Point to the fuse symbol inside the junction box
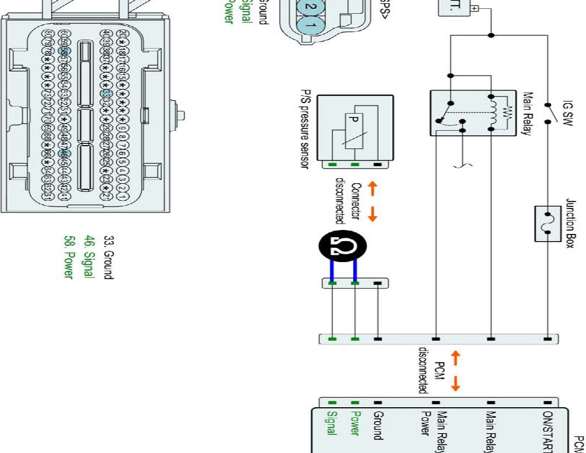tap(548, 223)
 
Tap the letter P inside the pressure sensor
tap(354, 119)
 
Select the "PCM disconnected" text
tap(431, 370)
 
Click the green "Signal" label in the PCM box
tap(331, 424)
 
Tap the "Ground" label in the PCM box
tap(378, 425)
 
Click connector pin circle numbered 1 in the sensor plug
tap(311, 25)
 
